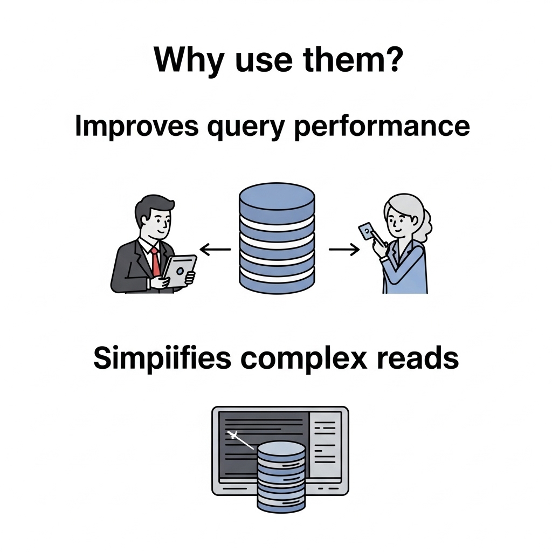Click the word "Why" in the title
(183, 60)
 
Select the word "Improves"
(139, 127)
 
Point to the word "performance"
(382, 128)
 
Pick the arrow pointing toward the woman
(344, 249)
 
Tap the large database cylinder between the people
(277, 238)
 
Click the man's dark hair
(154, 207)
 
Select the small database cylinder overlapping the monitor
(281, 477)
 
